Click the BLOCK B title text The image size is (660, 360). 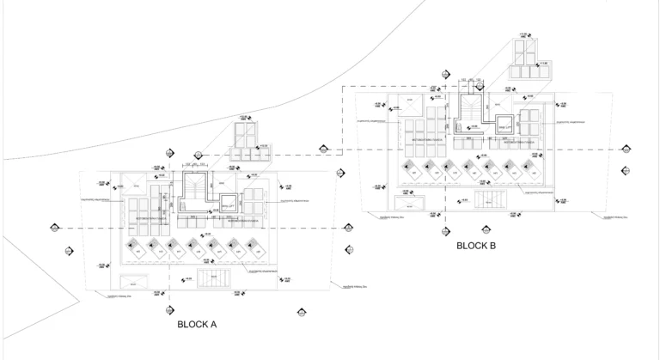tap(475, 246)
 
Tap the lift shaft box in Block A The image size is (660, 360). tap(227, 206)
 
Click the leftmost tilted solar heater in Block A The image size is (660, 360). tap(135, 249)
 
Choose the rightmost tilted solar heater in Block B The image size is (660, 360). tap(530, 168)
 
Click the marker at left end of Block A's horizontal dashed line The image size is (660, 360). tap(53, 228)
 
